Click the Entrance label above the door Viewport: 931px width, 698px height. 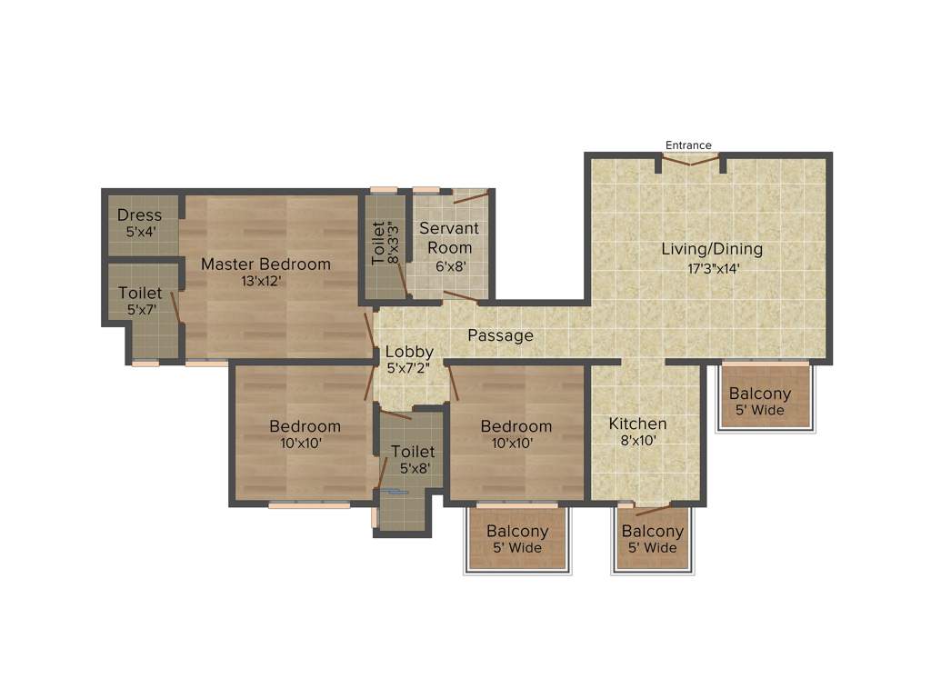coord(688,145)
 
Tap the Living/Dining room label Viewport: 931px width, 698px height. coord(711,249)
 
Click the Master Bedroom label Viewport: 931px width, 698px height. coord(265,264)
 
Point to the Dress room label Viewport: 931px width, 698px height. coord(139,215)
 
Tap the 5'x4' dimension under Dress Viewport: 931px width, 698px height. coord(140,233)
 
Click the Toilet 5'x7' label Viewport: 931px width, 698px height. coord(140,294)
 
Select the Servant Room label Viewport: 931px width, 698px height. coord(449,238)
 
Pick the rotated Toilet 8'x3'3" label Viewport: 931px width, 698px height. coord(385,243)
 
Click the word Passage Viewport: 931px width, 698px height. coord(500,335)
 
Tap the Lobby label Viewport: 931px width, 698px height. coord(409,352)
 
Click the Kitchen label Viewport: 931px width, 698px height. coord(637,424)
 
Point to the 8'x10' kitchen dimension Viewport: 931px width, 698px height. coord(636,441)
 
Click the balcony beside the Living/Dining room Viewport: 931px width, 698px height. coord(760,400)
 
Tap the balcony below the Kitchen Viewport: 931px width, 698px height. coord(652,539)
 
